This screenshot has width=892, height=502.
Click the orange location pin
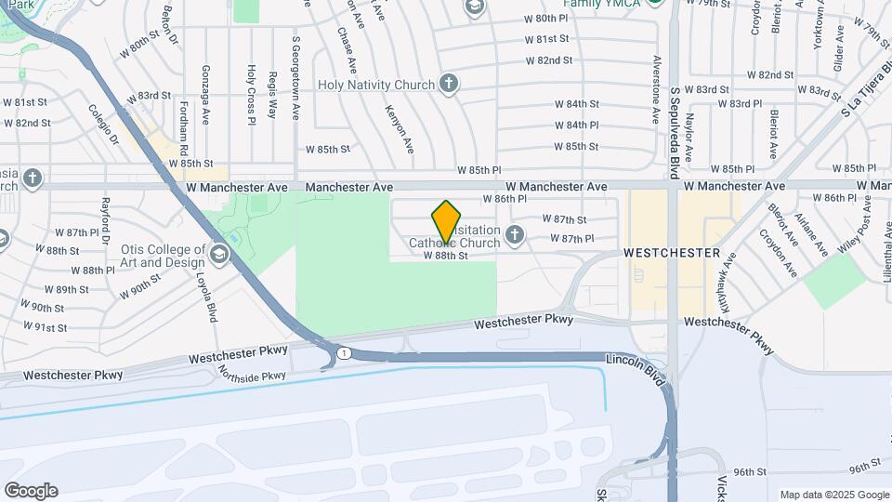[447, 221]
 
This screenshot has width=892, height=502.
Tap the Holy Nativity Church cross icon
[449, 85]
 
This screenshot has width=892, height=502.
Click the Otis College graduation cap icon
[219, 255]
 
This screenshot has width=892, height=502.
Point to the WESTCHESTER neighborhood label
[672, 252]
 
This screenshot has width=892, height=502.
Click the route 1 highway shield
[345, 352]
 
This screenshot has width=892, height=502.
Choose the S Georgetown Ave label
[295, 78]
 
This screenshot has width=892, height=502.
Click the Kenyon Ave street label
[399, 128]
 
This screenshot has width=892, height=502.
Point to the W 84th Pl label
[577, 125]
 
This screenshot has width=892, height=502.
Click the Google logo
[31, 490]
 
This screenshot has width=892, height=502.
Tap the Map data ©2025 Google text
[833, 495]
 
